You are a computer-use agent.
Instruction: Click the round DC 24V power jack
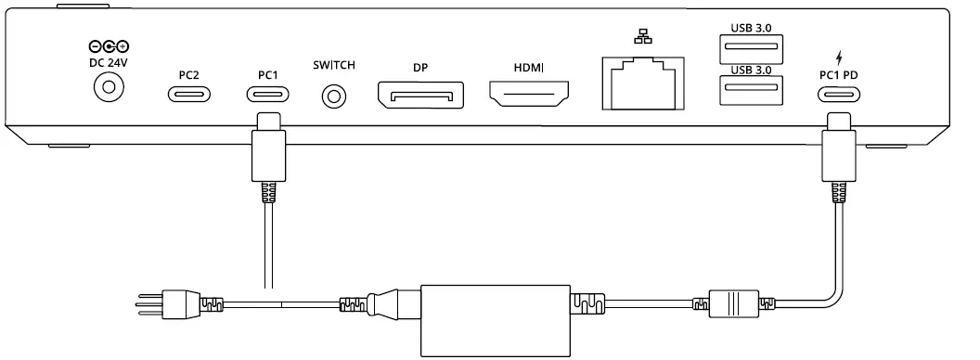[109, 89]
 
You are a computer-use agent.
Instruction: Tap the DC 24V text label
[108, 63]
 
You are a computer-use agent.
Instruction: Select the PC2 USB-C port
[188, 94]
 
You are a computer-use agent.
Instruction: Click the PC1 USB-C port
[266, 94]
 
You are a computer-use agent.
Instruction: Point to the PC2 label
[188, 71]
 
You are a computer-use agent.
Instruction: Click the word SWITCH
[334, 66]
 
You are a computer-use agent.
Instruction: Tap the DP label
[419, 67]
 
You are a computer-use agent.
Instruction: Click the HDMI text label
[529, 67]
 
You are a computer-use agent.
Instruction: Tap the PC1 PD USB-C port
[839, 94]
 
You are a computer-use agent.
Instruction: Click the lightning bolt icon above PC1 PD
[839, 54]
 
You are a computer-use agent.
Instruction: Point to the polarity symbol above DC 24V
[108, 46]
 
